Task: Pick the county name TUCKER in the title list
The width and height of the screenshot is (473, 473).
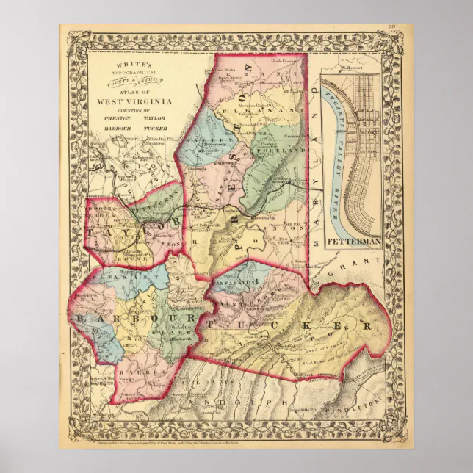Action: tap(144, 129)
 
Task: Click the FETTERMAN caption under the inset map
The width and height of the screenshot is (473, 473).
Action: tap(351, 240)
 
